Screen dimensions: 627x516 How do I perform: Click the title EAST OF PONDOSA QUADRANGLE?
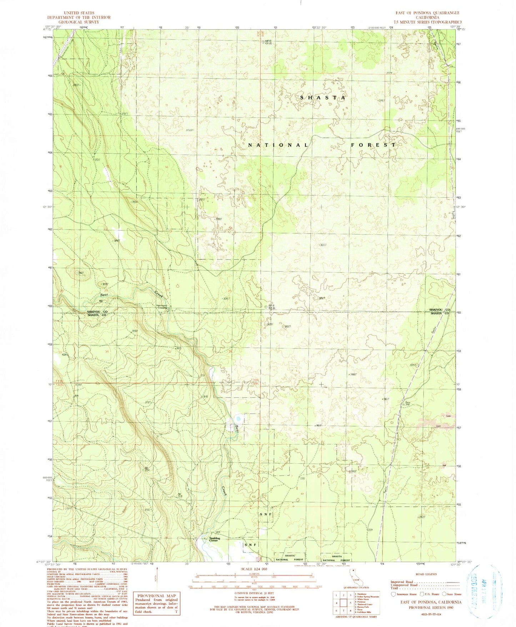click(427, 13)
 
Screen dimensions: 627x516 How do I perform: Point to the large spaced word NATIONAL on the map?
click(278, 145)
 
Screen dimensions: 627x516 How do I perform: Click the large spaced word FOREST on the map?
click(373, 145)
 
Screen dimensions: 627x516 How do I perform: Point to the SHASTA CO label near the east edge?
click(439, 313)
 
